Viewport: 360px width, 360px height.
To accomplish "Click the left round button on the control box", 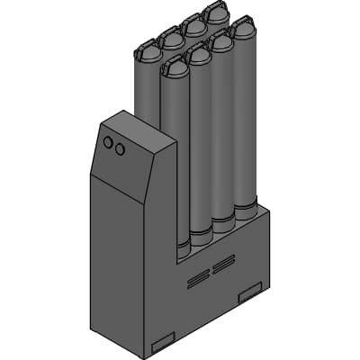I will click(x=108, y=142).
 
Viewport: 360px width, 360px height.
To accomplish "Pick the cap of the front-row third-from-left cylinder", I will click(x=221, y=40).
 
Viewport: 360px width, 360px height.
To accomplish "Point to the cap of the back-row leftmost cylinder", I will click(x=146, y=49).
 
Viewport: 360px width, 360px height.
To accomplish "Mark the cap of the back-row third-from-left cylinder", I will click(x=193, y=24).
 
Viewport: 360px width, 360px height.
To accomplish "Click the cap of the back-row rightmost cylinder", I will click(x=216, y=13).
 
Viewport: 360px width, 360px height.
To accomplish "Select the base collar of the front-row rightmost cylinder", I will click(x=246, y=211).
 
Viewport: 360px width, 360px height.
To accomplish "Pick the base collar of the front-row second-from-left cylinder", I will click(x=201, y=235).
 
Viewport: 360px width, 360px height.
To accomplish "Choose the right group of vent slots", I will click(x=223, y=265).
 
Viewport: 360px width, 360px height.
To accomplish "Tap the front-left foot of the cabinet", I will click(x=163, y=341).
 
